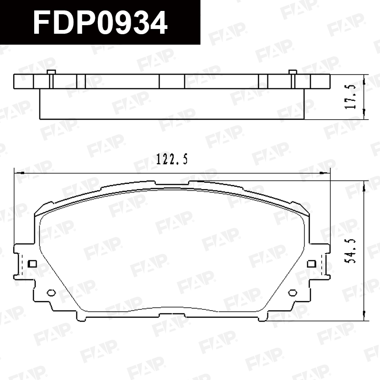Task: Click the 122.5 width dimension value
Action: tap(172, 159)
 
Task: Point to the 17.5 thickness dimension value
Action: tap(351, 97)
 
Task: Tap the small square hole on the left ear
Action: tap(32, 264)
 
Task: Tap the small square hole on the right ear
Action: tap(312, 264)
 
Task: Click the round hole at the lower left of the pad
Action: tap(51, 293)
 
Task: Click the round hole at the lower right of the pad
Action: tap(293, 293)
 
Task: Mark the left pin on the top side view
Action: tap(51, 79)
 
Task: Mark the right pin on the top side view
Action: tap(293, 79)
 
